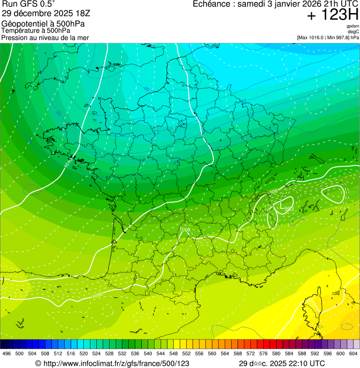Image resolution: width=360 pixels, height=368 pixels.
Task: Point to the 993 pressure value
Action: click(289, 209)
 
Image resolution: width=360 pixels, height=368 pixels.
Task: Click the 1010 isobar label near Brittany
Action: click(68, 164)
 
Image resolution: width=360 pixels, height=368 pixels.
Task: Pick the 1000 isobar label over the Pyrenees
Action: click(98, 295)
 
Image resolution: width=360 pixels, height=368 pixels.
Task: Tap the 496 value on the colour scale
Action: click(7, 353)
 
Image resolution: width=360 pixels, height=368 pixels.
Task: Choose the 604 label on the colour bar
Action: click(353, 353)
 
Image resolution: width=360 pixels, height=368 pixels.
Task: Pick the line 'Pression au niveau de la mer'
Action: click(45, 37)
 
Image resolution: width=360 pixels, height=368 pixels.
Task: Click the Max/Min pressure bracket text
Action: click(328, 37)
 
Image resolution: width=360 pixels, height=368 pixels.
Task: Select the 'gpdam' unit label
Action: click(353, 26)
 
